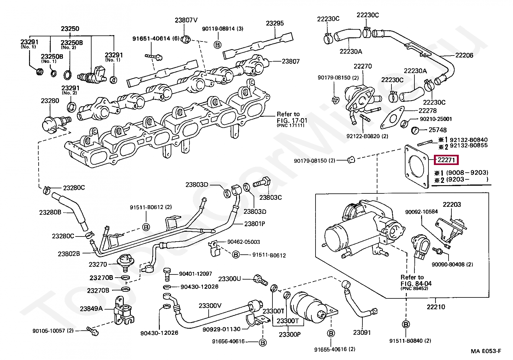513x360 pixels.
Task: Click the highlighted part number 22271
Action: [446, 160]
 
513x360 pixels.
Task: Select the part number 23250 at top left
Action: [70, 29]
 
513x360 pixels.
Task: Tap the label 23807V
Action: [186, 20]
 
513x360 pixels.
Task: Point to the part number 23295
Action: [275, 23]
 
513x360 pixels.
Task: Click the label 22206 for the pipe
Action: [464, 55]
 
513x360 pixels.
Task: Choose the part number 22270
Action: [363, 66]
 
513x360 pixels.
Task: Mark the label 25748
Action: [438, 130]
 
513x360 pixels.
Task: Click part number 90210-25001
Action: [436, 119]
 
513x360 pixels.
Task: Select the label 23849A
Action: [91, 309]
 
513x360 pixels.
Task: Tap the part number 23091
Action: [362, 332]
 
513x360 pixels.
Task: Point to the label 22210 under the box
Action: [436, 307]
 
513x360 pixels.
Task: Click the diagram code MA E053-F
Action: [486, 351]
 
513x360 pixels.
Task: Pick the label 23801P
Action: [255, 224]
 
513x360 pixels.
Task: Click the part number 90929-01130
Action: [221, 329]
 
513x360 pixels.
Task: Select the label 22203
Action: [452, 204]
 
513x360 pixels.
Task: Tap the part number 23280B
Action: [50, 213]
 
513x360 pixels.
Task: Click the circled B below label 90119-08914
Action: [217, 45]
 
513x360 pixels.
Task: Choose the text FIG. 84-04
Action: [416, 283]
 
